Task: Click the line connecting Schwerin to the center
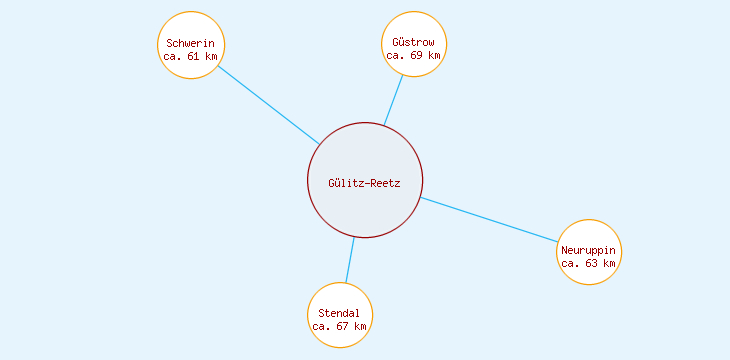[268, 105]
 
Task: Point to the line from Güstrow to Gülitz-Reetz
[394, 100]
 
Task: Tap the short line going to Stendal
[349, 260]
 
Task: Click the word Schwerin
[191, 43]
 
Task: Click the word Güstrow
[414, 43]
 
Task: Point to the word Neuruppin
[589, 250]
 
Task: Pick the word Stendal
[339, 313]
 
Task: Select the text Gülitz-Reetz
[365, 183]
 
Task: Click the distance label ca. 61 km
[191, 56]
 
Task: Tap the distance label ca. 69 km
[414, 56]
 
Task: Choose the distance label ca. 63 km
[589, 263]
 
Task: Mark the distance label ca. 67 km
[339, 326]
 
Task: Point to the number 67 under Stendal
[341, 326]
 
